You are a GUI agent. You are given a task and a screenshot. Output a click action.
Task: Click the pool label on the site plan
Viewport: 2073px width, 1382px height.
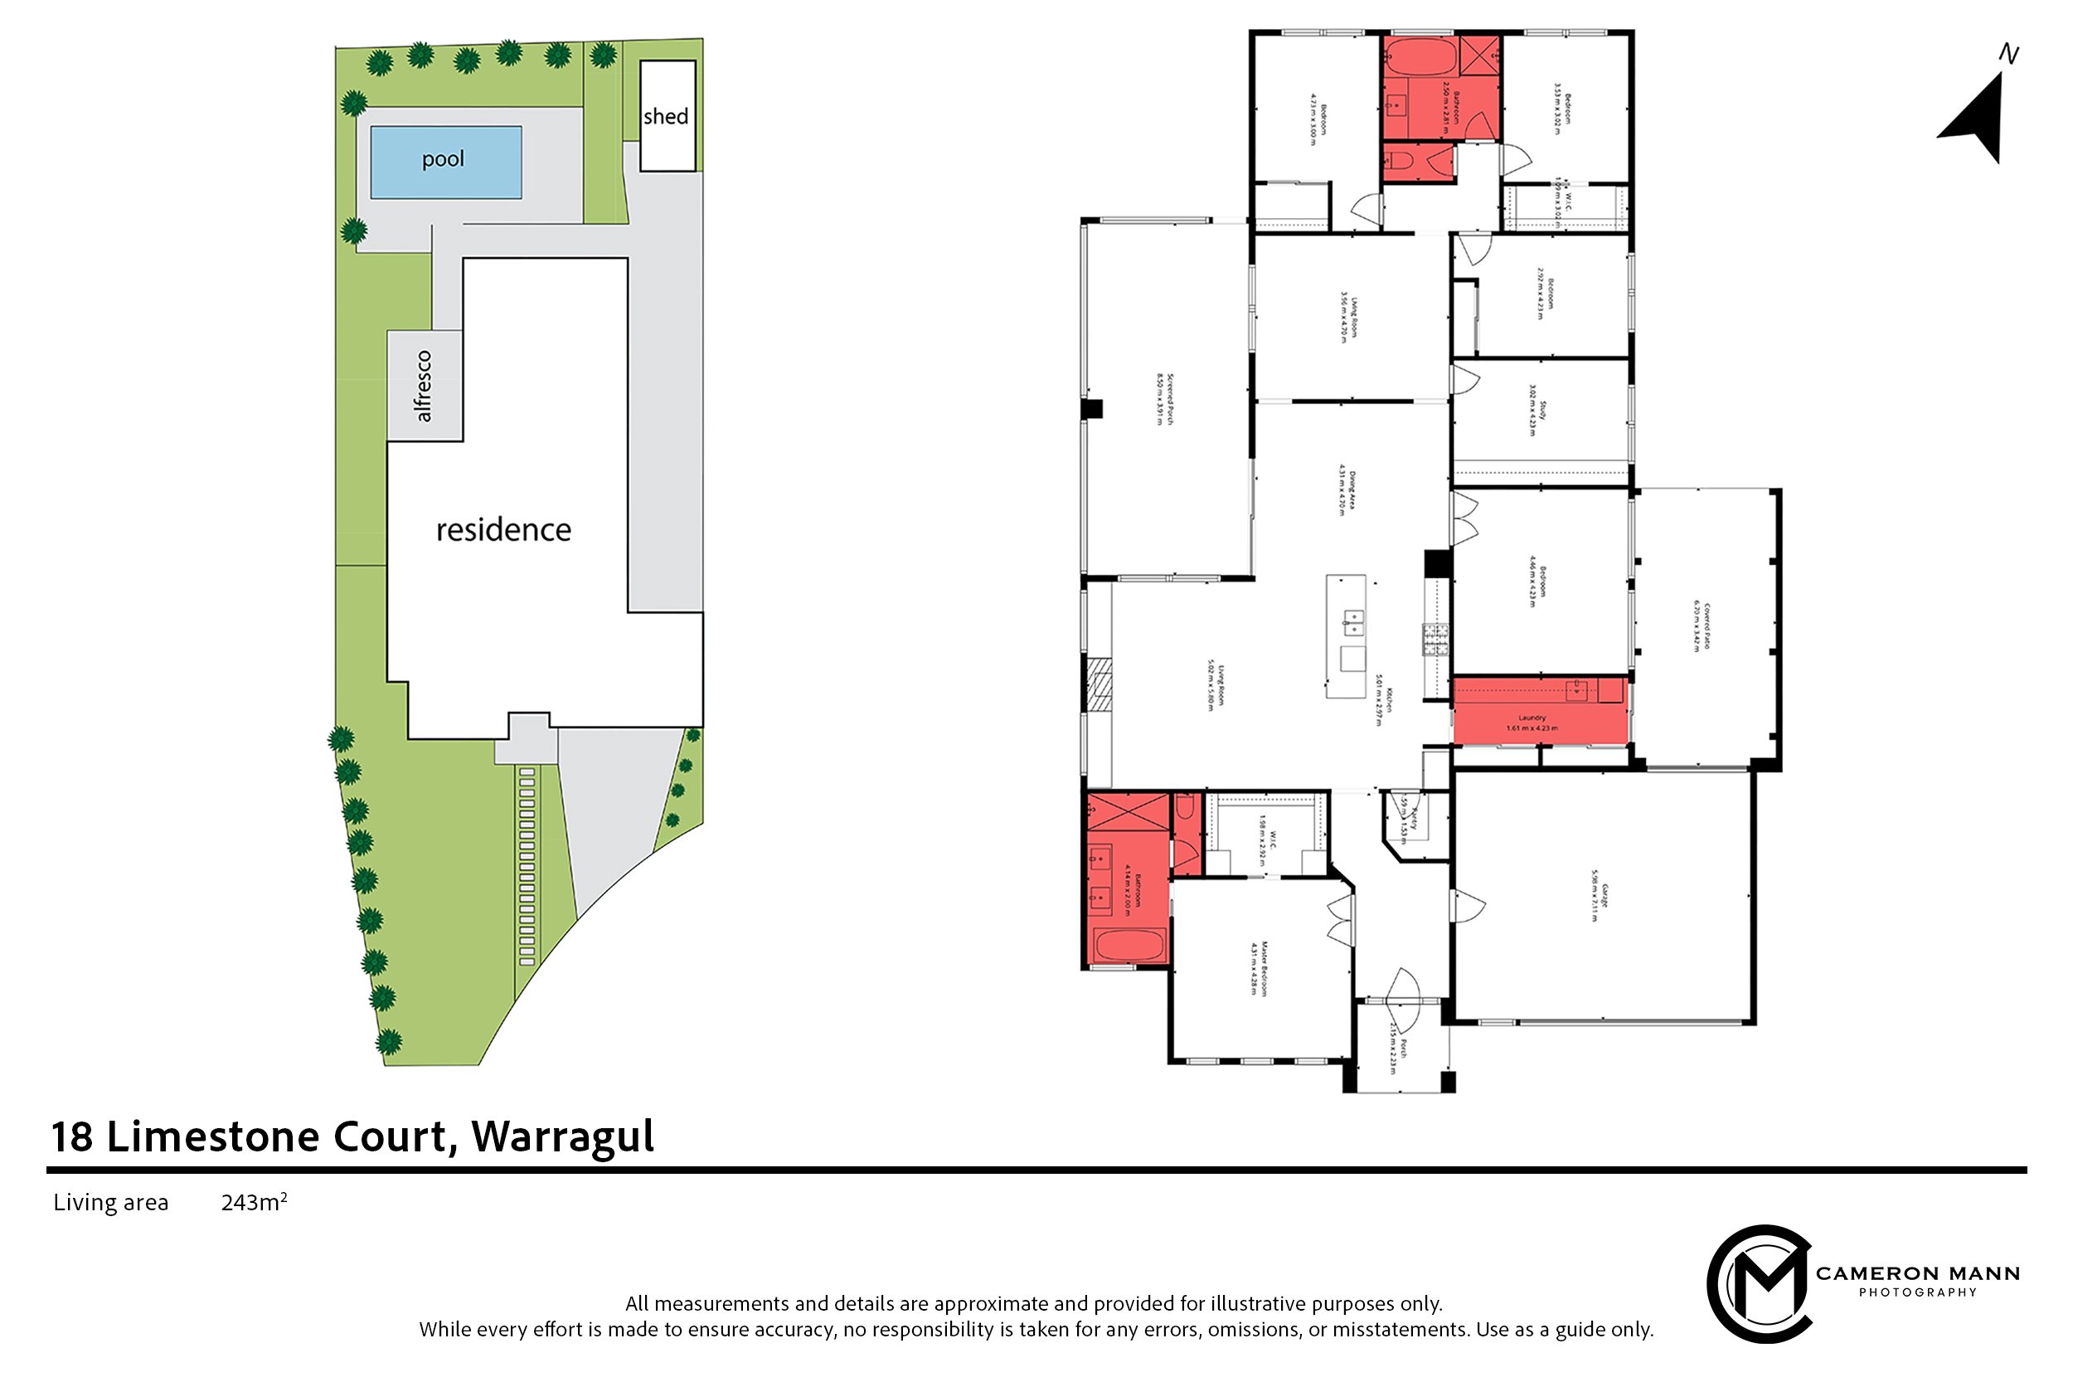[x=442, y=159]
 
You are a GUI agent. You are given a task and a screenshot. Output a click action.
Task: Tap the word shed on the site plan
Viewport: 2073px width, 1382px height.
[x=665, y=116]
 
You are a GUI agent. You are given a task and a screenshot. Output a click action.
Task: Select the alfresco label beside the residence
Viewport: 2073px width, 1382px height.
[x=423, y=386]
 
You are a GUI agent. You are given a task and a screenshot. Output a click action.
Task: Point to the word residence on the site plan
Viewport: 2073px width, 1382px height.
[x=503, y=530]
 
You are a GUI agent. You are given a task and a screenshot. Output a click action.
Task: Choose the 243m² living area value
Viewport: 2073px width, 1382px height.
[x=254, y=1202]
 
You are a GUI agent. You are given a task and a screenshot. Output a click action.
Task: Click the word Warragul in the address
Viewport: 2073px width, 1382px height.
[x=562, y=1136]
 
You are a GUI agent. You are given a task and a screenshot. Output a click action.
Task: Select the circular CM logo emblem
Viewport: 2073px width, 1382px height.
[x=1759, y=1282]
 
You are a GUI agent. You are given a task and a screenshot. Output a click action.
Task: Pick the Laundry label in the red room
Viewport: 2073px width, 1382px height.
[x=1532, y=718]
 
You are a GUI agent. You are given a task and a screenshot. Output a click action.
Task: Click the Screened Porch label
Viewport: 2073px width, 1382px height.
[x=1165, y=399]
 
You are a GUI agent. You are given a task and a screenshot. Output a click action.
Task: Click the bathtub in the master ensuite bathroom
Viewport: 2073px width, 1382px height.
[x=1129, y=946]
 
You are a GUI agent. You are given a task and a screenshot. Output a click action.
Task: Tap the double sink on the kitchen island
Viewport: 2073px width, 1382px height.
[x=1352, y=622]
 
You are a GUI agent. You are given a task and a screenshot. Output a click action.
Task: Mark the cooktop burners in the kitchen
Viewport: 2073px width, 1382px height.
[x=1435, y=639]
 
